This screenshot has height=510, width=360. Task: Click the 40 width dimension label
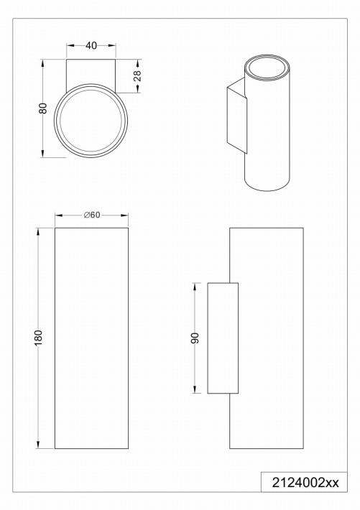(91, 46)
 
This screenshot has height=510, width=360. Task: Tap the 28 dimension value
(137, 76)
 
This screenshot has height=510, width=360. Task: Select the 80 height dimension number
(43, 108)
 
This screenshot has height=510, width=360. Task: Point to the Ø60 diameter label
(92, 215)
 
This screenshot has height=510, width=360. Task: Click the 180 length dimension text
(38, 338)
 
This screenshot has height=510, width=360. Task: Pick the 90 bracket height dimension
(195, 338)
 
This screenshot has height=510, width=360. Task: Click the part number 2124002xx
(305, 483)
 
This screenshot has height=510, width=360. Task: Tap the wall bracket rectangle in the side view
(223, 338)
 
